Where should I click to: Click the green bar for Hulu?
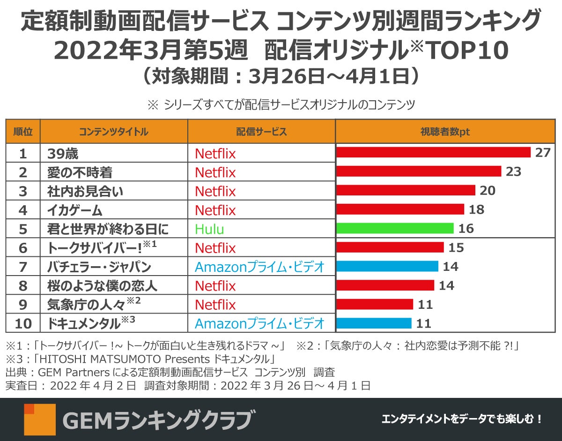coord(395,228)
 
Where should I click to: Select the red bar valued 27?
coord(433,153)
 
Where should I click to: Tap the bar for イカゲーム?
coord(400,209)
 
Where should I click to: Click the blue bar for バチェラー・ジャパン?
coord(387,266)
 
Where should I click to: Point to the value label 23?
coord(513,172)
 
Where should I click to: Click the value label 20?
coord(488,190)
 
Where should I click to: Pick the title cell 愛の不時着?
coord(80,172)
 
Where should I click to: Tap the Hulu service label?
coord(209,229)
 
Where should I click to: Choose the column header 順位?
coord(23,132)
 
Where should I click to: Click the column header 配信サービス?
coord(261,132)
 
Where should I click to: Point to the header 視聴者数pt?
coord(444,132)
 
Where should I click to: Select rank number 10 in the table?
coord(23,323)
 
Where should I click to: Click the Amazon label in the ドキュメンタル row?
coord(259,323)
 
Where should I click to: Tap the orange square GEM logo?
coord(40,419)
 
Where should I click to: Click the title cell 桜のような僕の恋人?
coord(102,285)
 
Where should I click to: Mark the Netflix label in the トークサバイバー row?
coord(215,248)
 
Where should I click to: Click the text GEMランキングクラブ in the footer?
coord(159,419)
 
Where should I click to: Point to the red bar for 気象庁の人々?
coord(375,304)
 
